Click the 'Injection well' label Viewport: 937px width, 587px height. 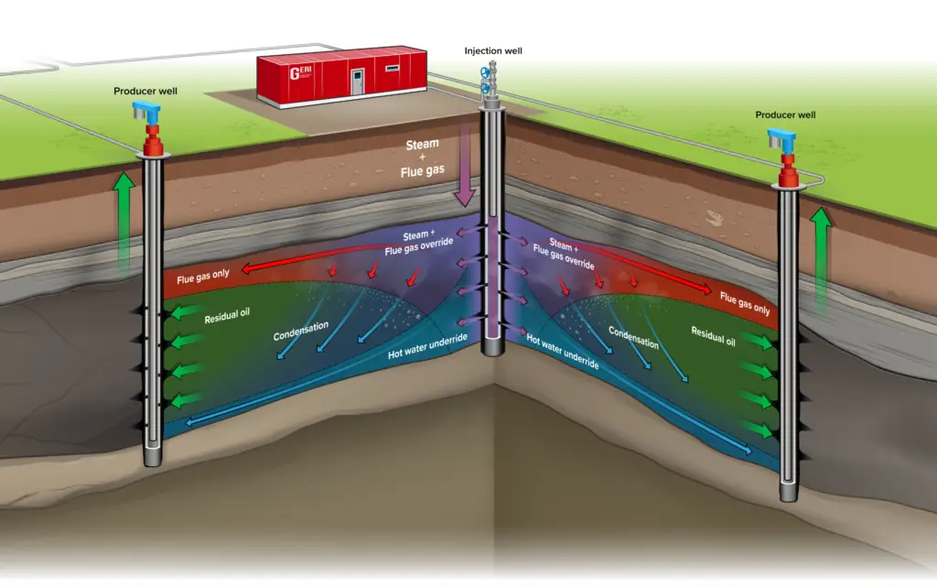(x=493, y=50)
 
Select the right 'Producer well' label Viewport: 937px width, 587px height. (x=785, y=114)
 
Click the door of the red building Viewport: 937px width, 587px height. (x=357, y=81)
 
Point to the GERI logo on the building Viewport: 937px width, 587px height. (x=299, y=74)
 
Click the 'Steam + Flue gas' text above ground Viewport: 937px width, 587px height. (x=422, y=158)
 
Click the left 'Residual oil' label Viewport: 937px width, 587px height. (x=227, y=317)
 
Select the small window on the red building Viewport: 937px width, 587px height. (x=393, y=68)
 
